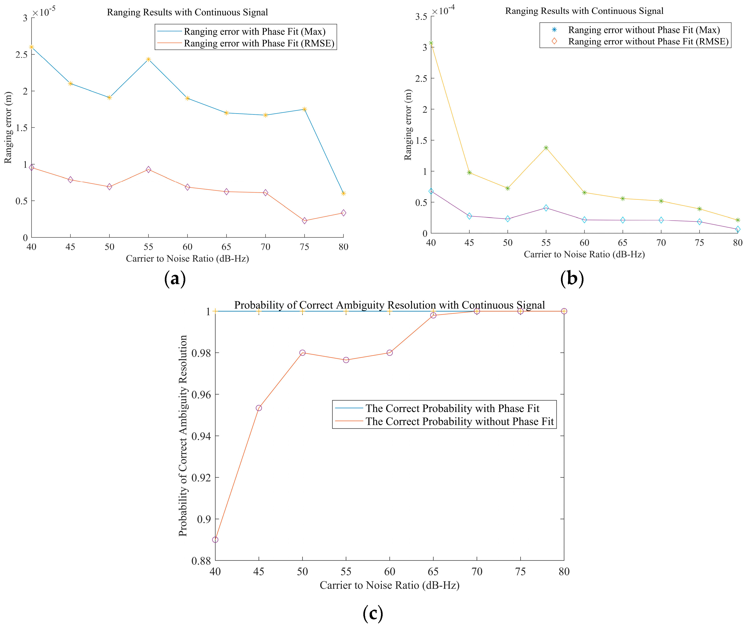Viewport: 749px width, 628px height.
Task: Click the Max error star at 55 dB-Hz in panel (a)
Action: click(148, 59)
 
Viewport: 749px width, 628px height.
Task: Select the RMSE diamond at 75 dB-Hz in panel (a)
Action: click(304, 221)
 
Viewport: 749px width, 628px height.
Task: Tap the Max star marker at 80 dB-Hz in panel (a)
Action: click(343, 194)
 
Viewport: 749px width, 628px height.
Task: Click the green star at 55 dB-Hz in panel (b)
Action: click(546, 148)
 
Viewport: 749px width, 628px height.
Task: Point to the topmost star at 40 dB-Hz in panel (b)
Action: click(431, 43)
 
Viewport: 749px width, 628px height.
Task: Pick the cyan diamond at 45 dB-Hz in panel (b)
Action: click(469, 216)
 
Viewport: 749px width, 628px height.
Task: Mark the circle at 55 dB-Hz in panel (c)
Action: click(346, 360)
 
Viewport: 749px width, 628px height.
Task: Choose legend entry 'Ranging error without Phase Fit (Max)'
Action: click(644, 30)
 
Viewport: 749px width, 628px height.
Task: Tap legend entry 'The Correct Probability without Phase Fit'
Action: click(459, 421)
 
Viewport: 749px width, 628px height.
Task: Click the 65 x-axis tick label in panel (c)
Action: click(433, 572)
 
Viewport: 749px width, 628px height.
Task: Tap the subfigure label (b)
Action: click(572, 279)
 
